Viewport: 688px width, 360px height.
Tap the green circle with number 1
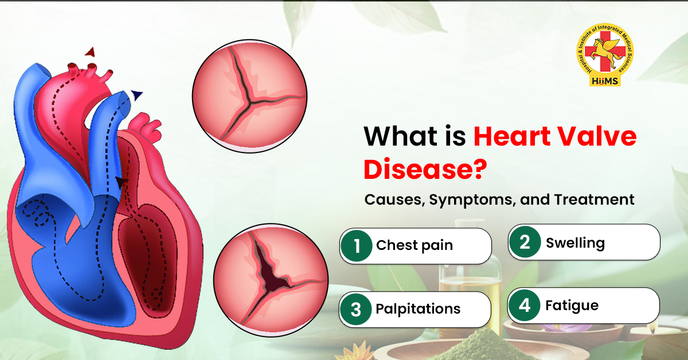357,246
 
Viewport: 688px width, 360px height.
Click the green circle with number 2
525,242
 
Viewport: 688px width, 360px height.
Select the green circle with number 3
356,310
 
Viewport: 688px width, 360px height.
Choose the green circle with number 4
525,306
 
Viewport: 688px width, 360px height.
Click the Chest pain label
415,246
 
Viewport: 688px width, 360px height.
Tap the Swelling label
575,242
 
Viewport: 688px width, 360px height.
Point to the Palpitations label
418,309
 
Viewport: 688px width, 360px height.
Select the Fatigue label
572,306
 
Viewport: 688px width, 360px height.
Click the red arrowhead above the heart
89,52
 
